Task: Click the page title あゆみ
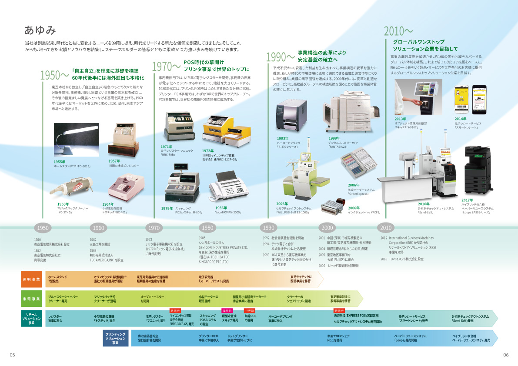click(40, 30)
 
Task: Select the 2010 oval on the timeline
click(385, 228)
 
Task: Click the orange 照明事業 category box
click(31, 279)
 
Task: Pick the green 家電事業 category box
click(31, 299)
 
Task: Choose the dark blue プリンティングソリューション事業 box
click(116, 338)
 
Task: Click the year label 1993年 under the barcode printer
click(283, 139)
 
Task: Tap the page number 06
click(506, 355)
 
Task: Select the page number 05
click(12, 355)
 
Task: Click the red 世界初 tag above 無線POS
click(249, 311)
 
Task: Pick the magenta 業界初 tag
click(227, 311)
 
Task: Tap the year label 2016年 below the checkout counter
click(424, 204)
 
